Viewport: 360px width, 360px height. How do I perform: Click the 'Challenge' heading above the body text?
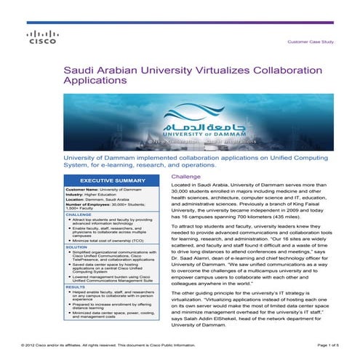coord(185,177)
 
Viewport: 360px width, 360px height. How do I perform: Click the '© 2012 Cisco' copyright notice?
coord(44,343)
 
